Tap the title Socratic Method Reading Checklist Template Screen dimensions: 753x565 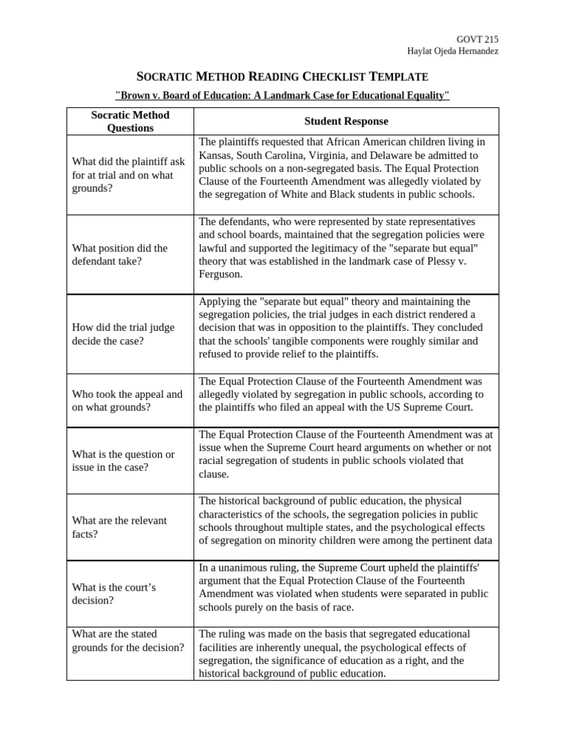point(282,76)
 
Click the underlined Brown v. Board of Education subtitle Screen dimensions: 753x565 point(282,96)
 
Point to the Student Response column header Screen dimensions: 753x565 point(346,121)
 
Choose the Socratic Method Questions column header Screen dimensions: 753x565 point(129,121)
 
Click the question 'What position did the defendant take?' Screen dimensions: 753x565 point(120,254)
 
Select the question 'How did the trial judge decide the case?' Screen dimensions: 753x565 point(123,334)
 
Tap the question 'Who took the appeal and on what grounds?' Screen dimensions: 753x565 point(127,400)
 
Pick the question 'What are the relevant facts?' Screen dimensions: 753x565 point(119,527)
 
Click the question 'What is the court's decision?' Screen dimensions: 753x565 point(115,593)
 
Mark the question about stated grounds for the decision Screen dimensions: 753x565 point(127,640)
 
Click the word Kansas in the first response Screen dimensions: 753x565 point(216,155)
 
